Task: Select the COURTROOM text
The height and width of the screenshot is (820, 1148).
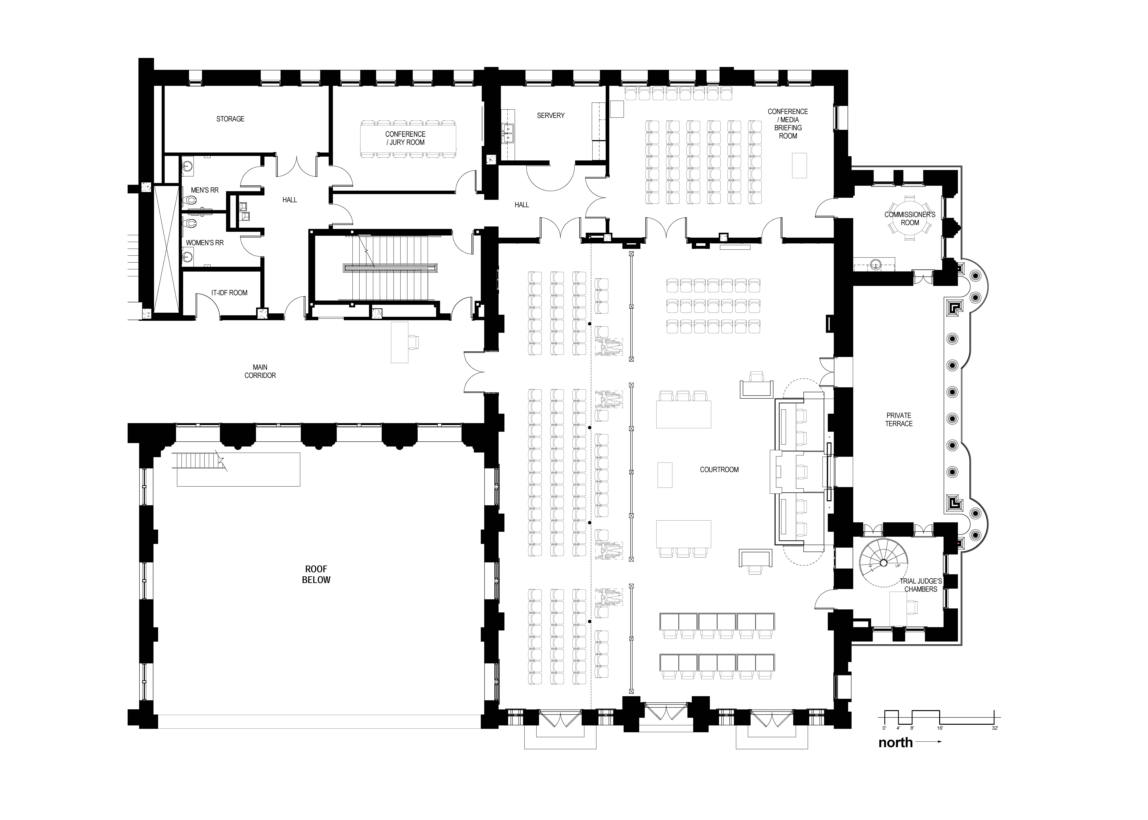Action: pos(719,470)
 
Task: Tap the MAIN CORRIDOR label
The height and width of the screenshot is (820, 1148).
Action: pos(260,371)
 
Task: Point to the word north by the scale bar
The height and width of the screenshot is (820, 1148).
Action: pos(896,742)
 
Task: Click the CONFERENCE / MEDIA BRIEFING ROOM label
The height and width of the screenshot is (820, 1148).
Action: pos(788,124)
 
